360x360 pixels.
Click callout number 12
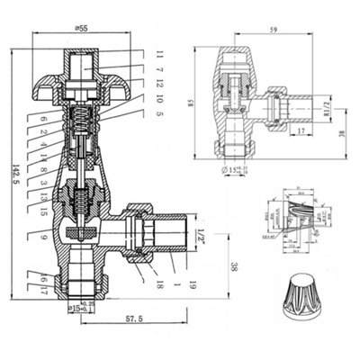[159, 85]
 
